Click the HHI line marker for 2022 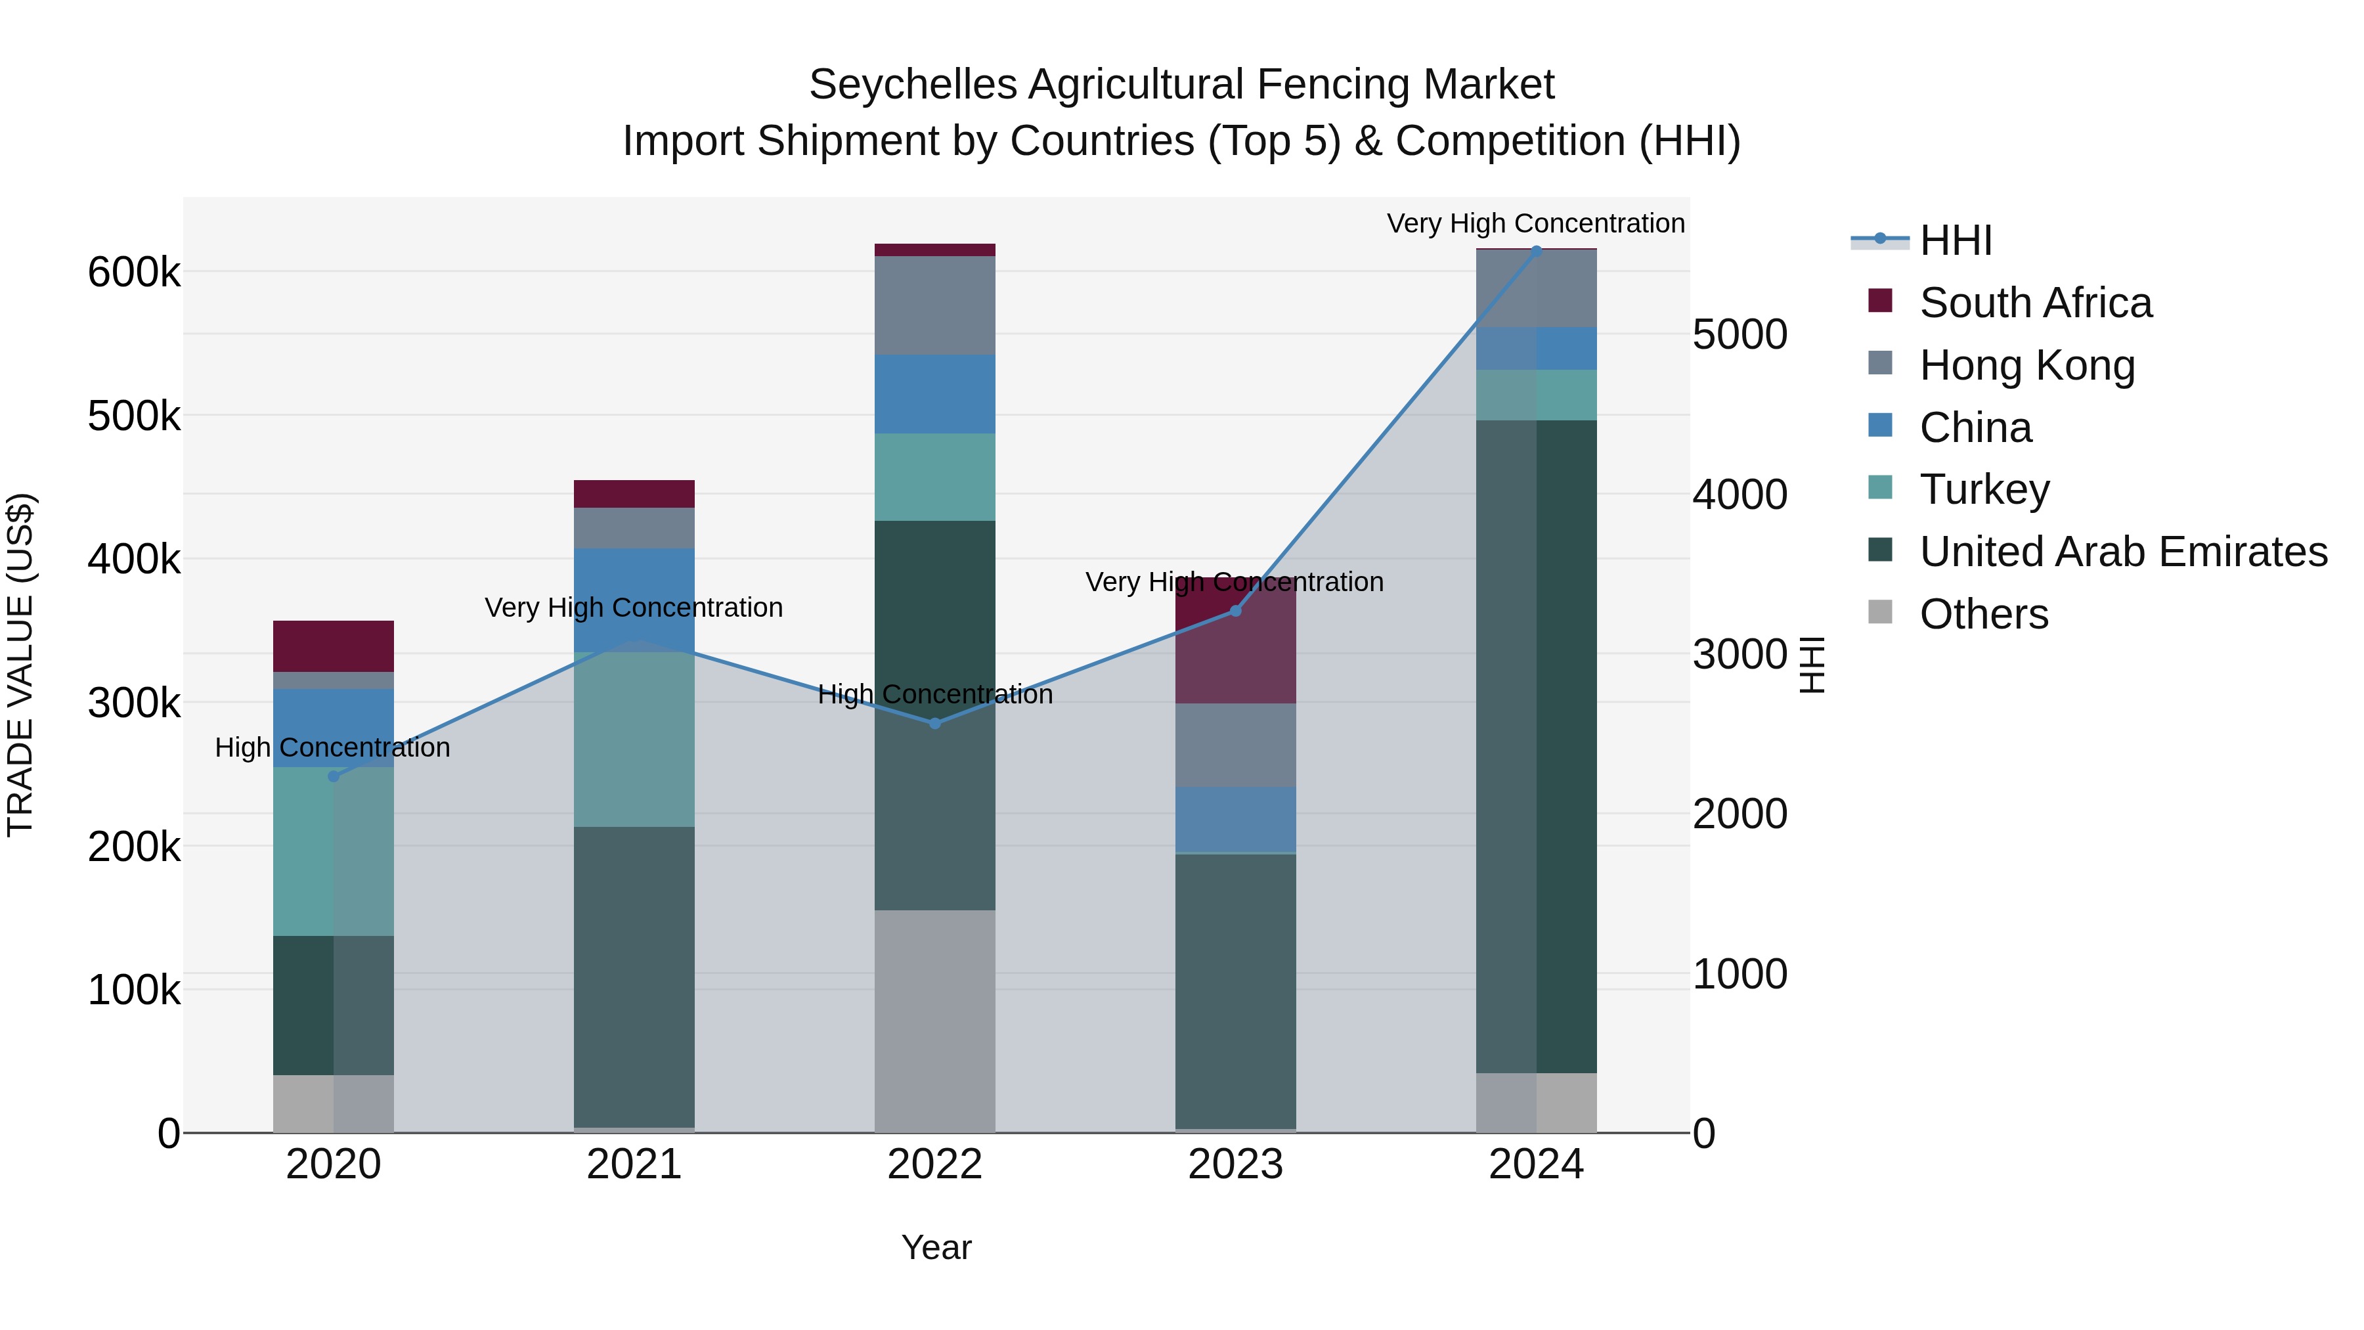934,723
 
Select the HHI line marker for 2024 1536,251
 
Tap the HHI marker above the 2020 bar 333,776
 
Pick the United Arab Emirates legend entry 2122,552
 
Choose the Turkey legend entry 1983,489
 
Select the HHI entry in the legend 1955,240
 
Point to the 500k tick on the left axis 134,416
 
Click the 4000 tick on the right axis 1739,495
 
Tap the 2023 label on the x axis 1235,1164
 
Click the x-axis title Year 935,1247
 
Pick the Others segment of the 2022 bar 934,1021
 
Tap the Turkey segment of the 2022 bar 934,477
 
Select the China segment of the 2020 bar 333,727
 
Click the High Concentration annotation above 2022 934,695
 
